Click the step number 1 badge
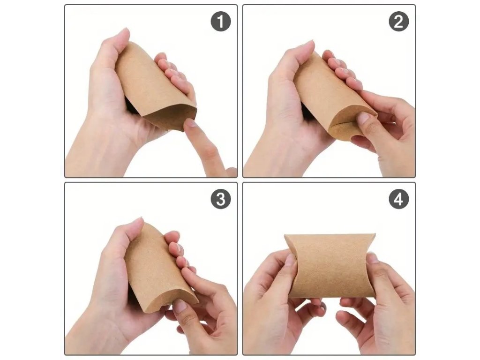click(x=220, y=21)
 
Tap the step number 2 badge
click(x=398, y=21)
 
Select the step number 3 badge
click(x=220, y=199)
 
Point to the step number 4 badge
click(x=398, y=199)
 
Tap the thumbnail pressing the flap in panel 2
click(x=364, y=118)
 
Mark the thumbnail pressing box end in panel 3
click(x=180, y=306)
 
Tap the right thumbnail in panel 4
click(x=372, y=259)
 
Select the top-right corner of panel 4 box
click(x=375, y=234)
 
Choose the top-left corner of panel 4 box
click(x=285, y=235)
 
